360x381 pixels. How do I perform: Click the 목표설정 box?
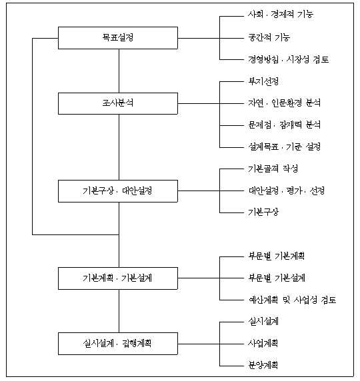pos(118,38)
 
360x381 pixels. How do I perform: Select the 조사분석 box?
pos(118,103)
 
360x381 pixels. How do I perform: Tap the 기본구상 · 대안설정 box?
pos(118,191)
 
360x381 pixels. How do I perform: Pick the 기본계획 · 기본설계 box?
pos(118,278)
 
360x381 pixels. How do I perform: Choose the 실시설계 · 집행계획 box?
pos(118,344)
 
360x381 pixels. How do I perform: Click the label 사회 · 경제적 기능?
pos(281,15)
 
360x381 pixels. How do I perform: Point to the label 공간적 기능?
pos(269,38)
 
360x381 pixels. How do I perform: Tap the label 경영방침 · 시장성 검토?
pos(288,59)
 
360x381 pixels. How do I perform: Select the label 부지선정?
pos(263,81)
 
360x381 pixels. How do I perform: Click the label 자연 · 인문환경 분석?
pos(284,103)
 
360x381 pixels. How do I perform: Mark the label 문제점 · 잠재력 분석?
pos(284,125)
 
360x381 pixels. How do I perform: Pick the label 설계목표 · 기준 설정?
pos(284,147)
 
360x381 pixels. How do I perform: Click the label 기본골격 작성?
pos(273,169)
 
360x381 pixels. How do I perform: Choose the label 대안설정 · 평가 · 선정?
pos(286,190)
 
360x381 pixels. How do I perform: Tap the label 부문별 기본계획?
pos(276,256)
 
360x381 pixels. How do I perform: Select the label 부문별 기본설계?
pos(277,278)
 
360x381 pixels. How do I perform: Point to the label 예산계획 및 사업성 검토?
pos(292,300)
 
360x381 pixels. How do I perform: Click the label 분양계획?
pos(263,365)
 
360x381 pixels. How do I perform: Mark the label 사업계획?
pos(263,343)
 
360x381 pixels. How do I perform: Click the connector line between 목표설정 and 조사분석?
pos(119,71)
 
